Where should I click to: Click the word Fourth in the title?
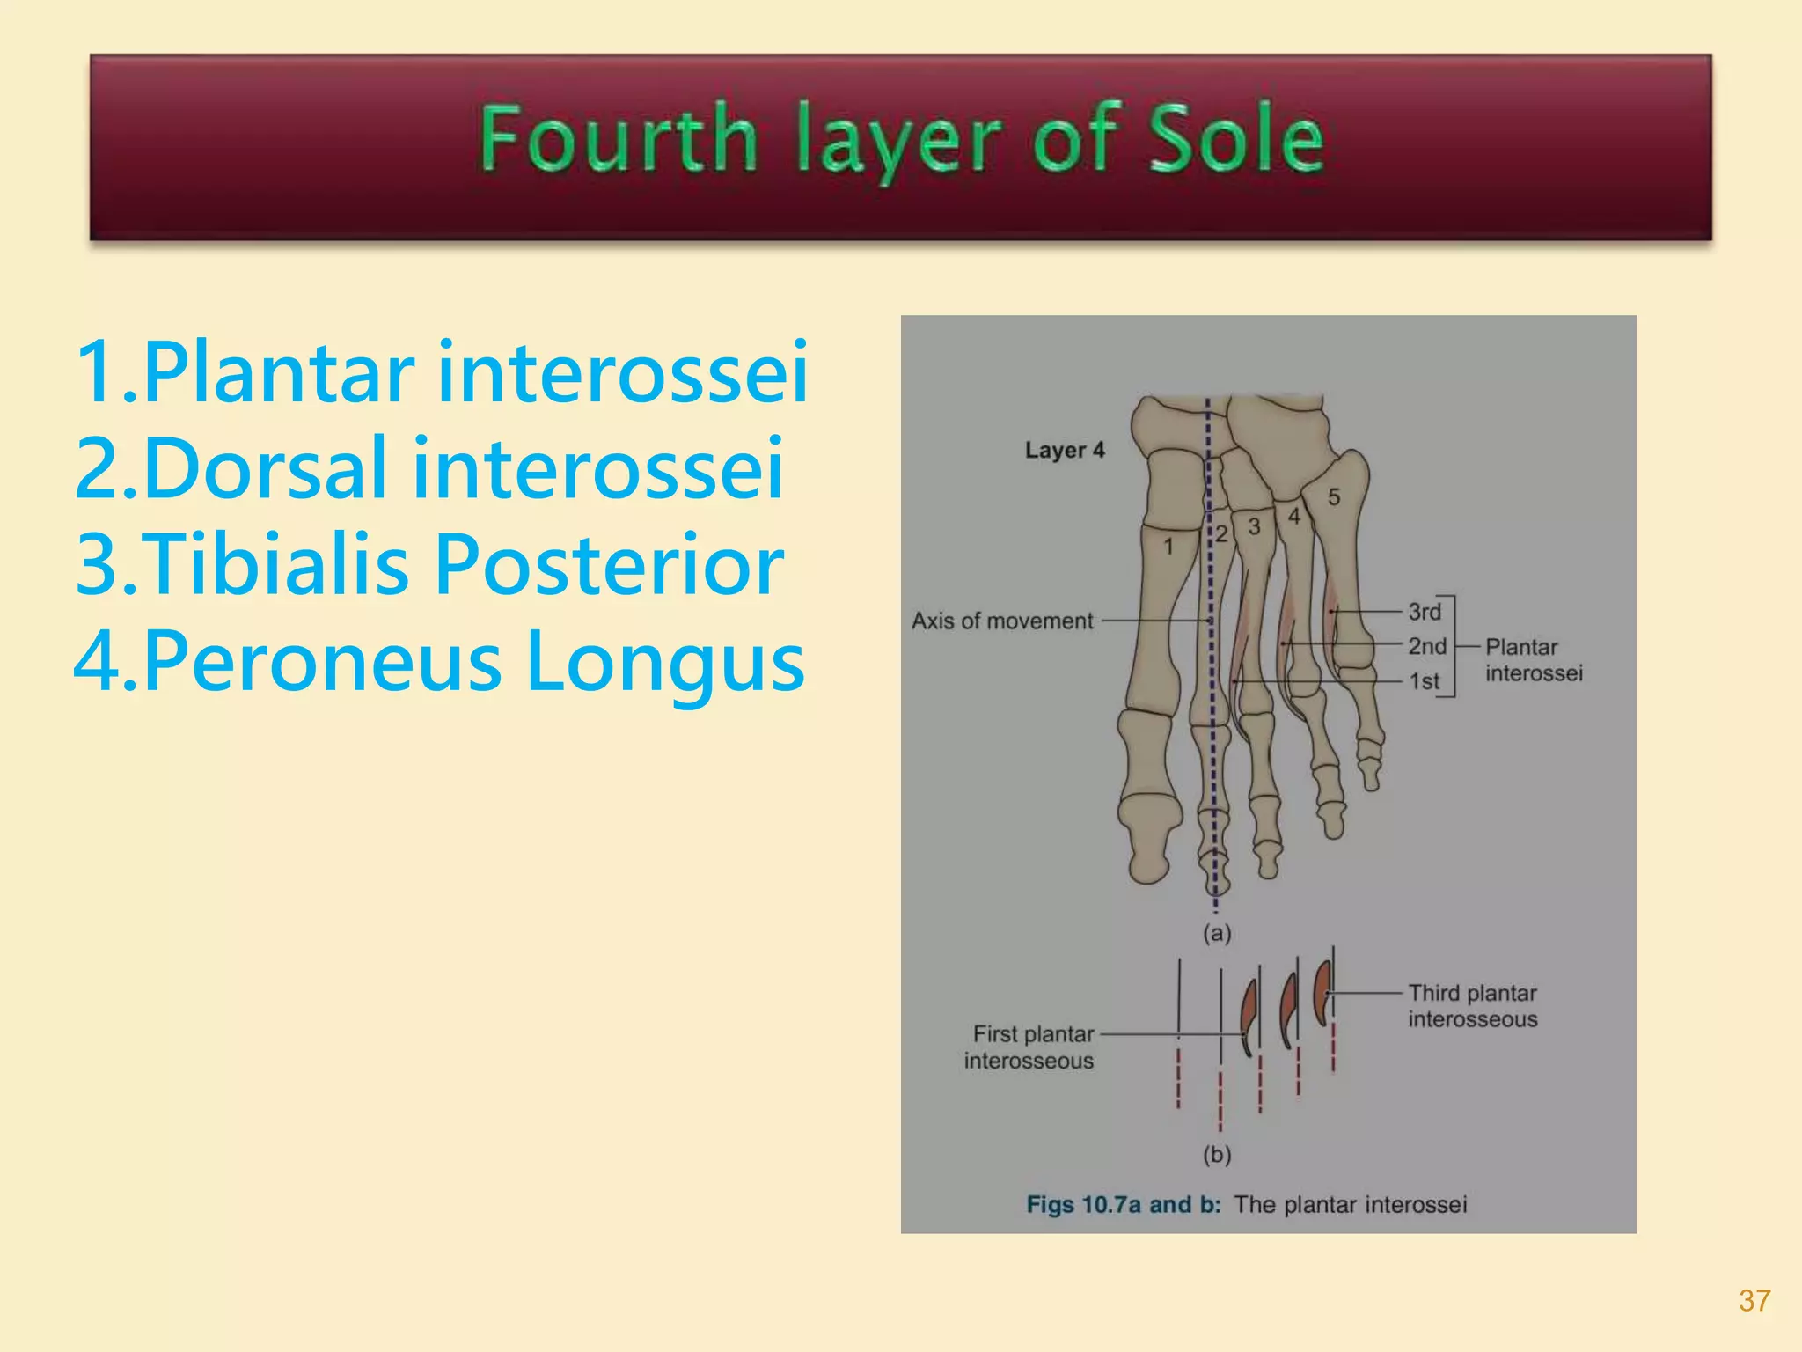click(x=618, y=139)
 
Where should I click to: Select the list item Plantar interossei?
click(x=442, y=373)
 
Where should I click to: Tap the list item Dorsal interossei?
click(x=429, y=469)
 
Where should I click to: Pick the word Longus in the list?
click(x=664, y=663)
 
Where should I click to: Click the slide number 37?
click(x=1754, y=1300)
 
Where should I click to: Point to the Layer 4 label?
click(x=1065, y=451)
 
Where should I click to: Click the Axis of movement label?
click(x=1002, y=621)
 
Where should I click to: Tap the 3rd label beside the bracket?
click(x=1425, y=612)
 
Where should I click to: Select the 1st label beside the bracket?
click(x=1425, y=681)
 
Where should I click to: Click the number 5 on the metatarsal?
click(x=1334, y=497)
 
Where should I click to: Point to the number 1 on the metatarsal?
click(x=1168, y=547)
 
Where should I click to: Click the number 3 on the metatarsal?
click(x=1254, y=527)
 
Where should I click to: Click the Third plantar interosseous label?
click(x=1472, y=1006)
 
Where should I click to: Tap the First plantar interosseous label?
click(x=1030, y=1047)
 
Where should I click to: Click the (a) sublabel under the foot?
click(x=1217, y=933)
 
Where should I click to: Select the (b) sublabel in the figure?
click(x=1217, y=1154)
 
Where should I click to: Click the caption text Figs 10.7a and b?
click(x=1124, y=1205)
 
